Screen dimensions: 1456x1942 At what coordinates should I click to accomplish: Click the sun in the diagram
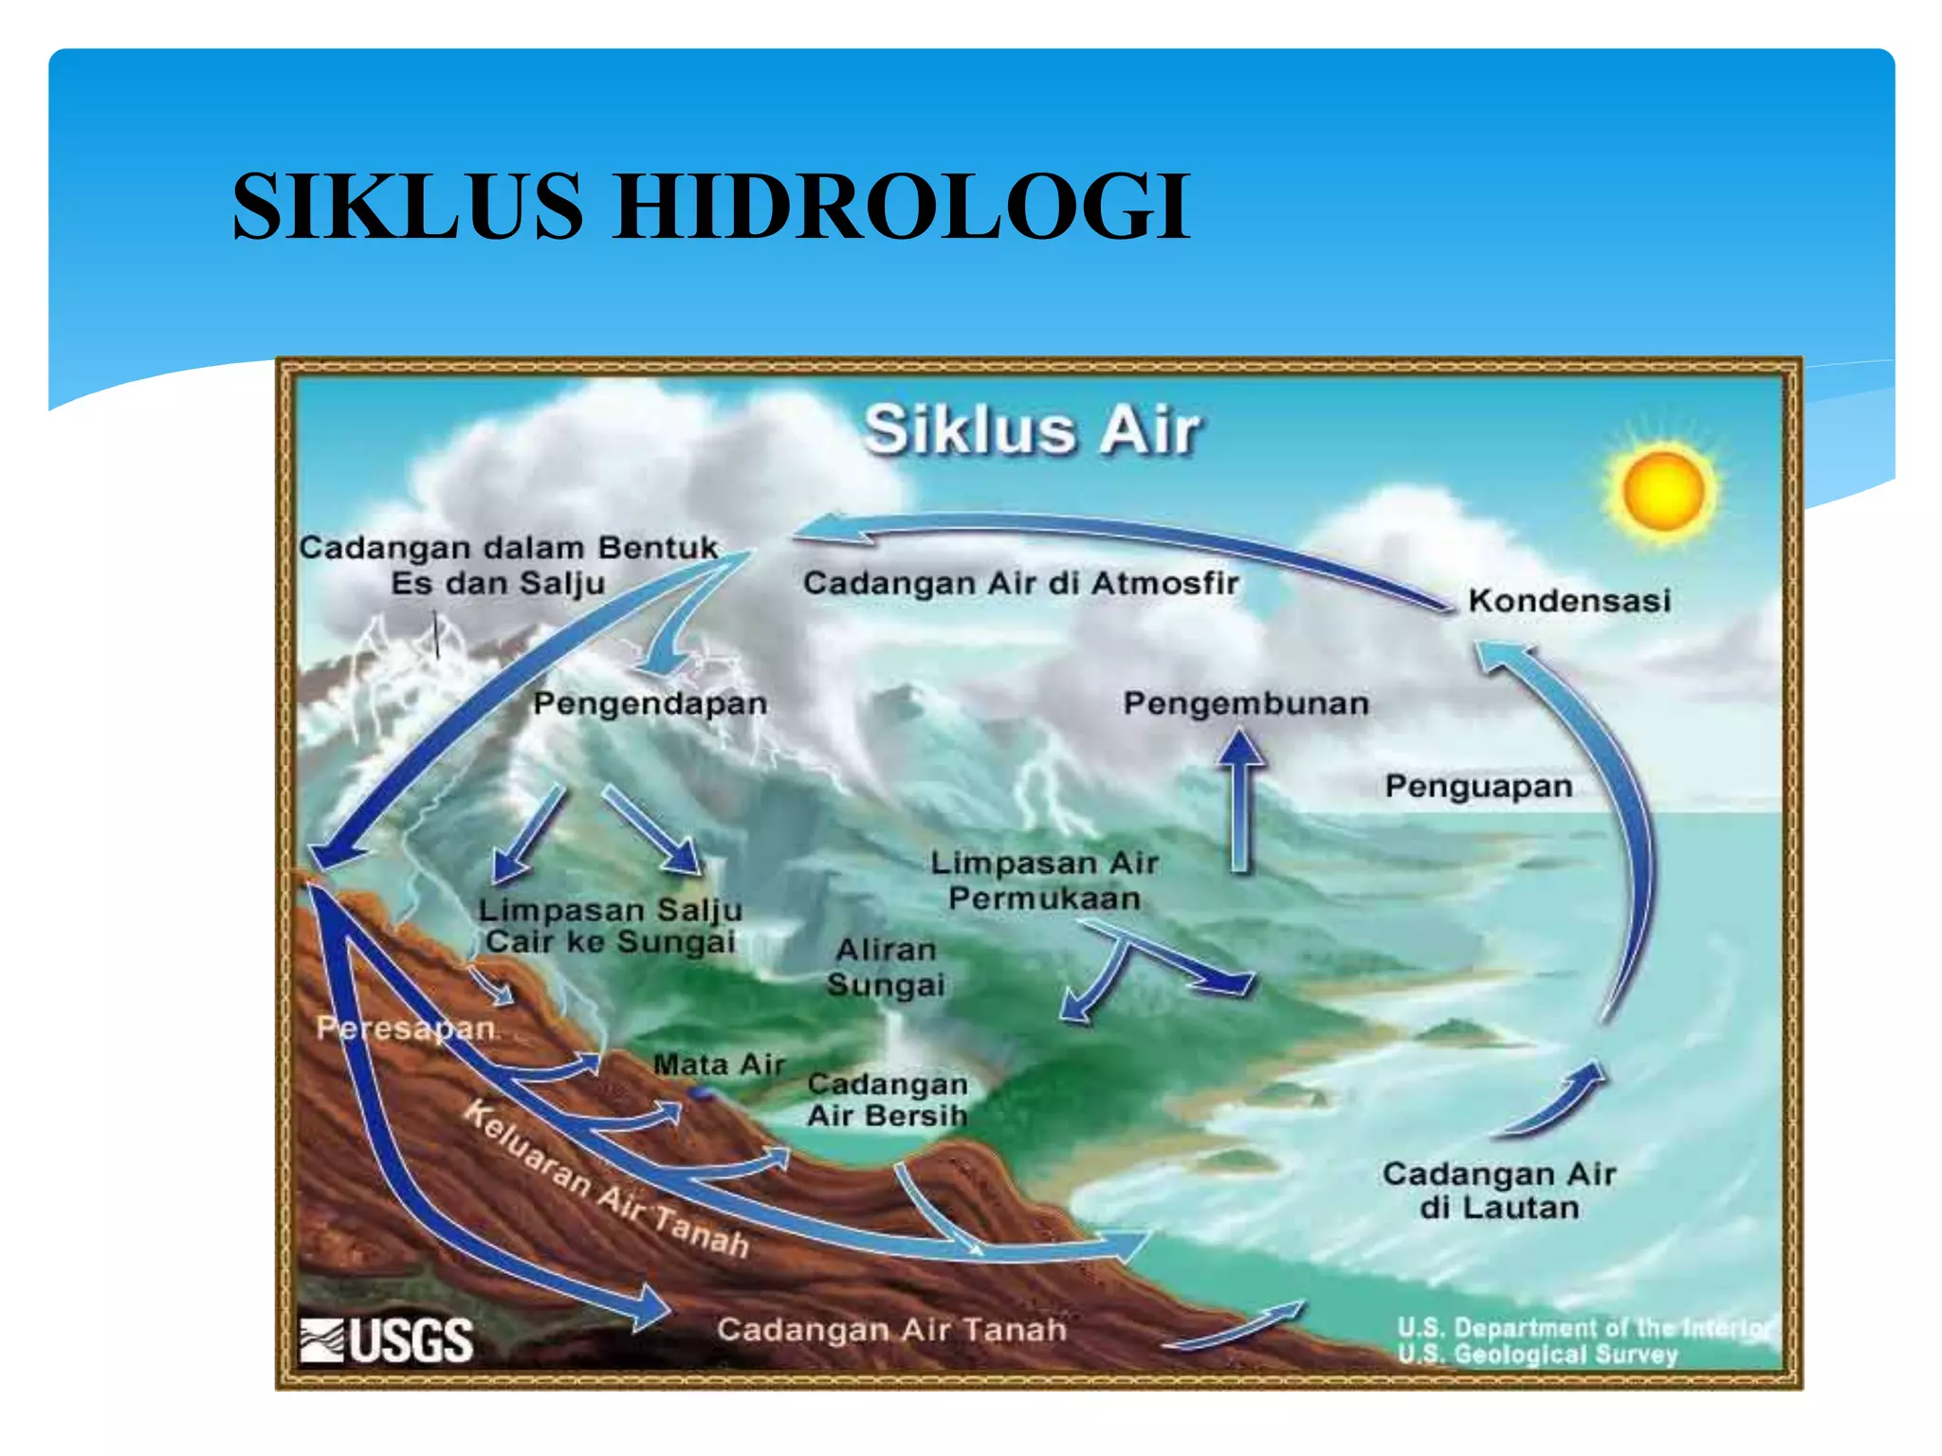(x=1663, y=491)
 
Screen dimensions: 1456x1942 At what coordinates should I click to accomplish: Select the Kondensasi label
(x=1569, y=601)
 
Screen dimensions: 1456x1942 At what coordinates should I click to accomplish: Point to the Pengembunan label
(x=1246, y=704)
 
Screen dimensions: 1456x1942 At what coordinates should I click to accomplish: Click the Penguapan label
(x=1478, y=787)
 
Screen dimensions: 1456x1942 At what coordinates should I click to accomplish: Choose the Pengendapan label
(x=650, y=704)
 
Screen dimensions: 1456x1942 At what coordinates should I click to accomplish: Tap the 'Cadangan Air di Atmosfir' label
(x=1020, y=583)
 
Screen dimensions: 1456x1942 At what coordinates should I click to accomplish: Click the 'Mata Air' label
(x=719, y=1065)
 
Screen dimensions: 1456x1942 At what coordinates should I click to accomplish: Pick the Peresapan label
(x=406, y=1028)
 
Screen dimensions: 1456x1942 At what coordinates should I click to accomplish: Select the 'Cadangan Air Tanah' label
(x=891, y=1330)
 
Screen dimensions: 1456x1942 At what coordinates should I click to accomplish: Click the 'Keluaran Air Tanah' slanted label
(x=607, y=1180)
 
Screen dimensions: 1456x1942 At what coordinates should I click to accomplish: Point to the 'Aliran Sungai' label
(x=886, y=968)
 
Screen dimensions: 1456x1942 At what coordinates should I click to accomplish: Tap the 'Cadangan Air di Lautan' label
(x=1498, y=1192)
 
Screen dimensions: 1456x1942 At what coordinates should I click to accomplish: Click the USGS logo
(x=387, y=1340)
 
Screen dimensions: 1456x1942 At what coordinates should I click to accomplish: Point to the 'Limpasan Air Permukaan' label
(x=1044, y=881)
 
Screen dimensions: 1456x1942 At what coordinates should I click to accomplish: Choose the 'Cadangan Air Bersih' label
(x=887, y=1101)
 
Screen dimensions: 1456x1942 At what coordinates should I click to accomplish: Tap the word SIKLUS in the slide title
(x=408, y=207)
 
